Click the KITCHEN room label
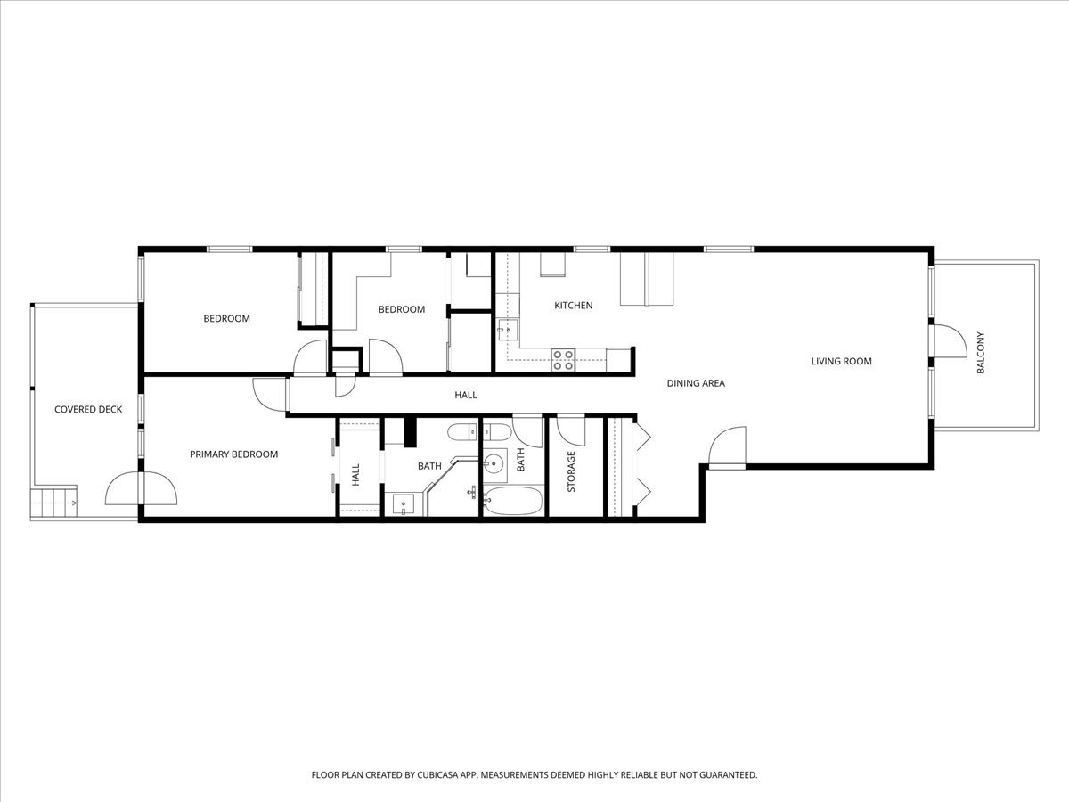tap(573, 306)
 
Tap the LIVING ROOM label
tap(841, 361)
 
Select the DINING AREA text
tap(696, 383)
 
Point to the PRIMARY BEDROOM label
tap(233, 454)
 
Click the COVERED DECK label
tap(87, 410)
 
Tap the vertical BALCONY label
tap(981, 353)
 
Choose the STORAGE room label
tap(571, 471)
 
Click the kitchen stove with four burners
tap(563, 359)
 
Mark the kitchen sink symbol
tap(505, 330)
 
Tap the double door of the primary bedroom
tap(140, 487)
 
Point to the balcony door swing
tap(948, 340)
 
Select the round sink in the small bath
tap(494, 463)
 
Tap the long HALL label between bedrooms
tap(466, 395)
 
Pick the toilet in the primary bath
tap(463, 434)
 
